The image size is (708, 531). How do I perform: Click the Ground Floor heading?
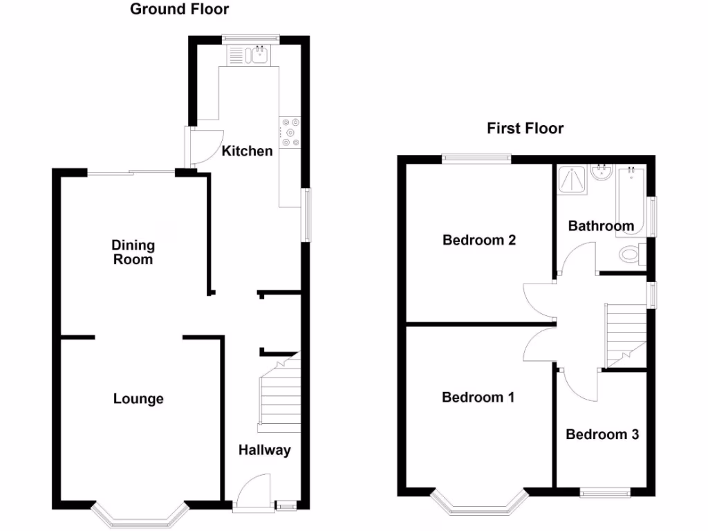[179, 9]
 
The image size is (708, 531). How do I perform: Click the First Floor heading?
[525, 128]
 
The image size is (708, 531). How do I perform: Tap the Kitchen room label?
[247, 150]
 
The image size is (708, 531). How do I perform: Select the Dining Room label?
[133, 252]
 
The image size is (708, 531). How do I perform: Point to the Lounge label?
[138, 399]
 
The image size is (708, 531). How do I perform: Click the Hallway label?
[265, 450]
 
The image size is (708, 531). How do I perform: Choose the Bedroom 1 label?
[478, 398]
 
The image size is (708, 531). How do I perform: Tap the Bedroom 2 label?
[479, 241]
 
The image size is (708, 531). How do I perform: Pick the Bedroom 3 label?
[602, 434]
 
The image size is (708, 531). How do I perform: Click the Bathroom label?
[601, 226]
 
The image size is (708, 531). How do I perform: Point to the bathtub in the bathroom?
[631, 201]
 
